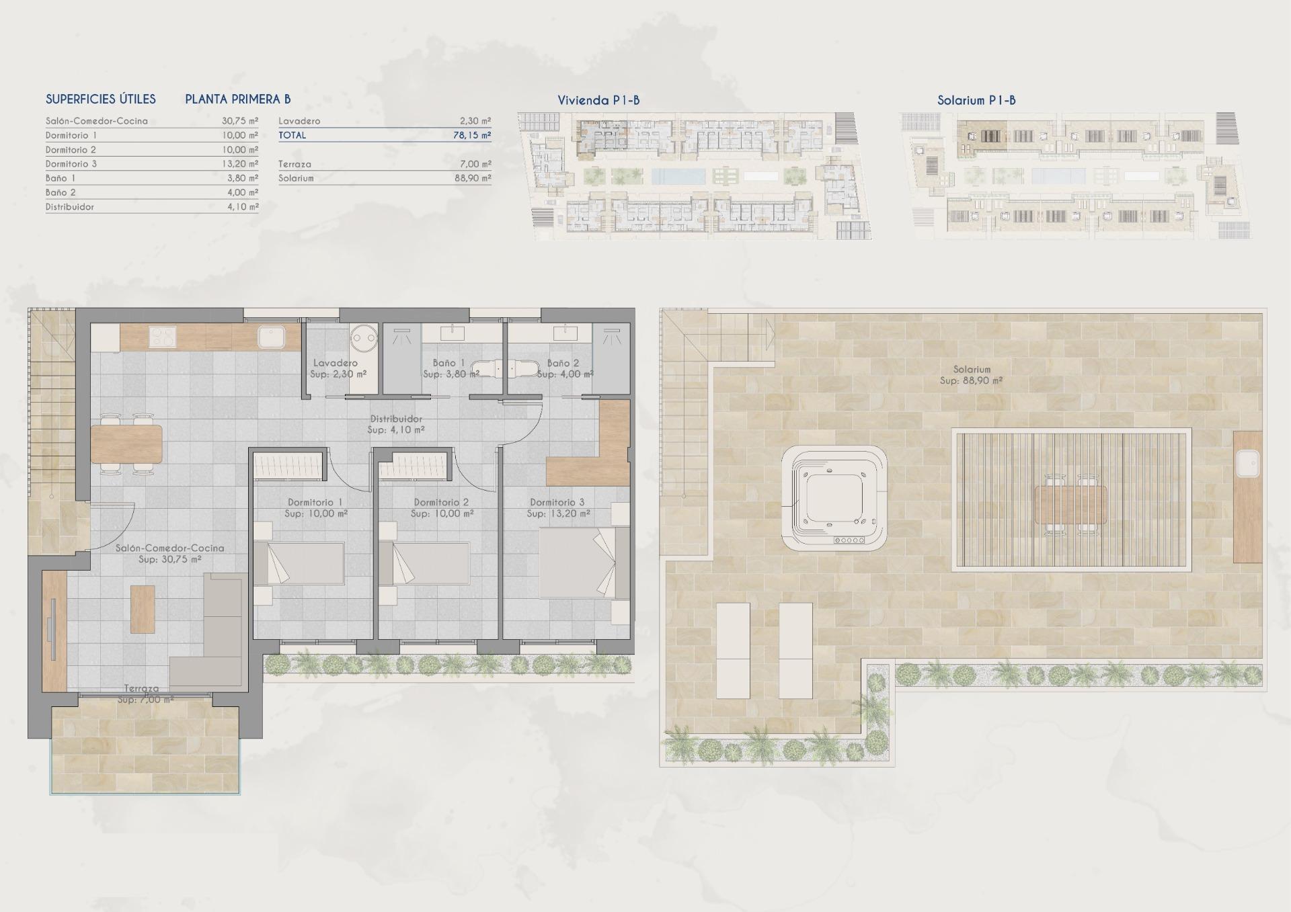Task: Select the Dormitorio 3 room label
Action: coord(557,502)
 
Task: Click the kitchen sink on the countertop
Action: coord(272,336)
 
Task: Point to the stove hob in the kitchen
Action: coord(161,336)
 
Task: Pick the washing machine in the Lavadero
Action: coord(365,336)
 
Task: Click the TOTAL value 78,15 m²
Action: coord(471,135)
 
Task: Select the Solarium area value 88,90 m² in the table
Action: coord(473,178)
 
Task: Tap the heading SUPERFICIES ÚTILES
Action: coord(101,99)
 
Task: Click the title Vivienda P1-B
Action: coord(598,101)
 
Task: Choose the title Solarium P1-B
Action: coord(976,101)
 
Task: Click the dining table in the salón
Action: coord(126,444)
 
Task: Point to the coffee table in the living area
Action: coord(143,609)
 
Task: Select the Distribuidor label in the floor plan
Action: coord(395,419)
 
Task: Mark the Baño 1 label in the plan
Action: coord(449,363)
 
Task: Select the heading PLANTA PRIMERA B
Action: coord(238,99)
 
